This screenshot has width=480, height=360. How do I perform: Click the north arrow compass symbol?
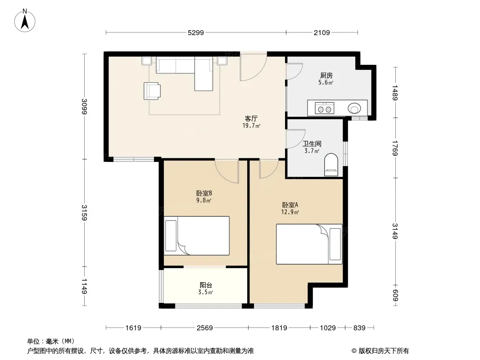point(25,21)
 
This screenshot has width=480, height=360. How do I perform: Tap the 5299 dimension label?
point(195,32)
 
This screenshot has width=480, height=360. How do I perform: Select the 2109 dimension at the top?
point(322,32)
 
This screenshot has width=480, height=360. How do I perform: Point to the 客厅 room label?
point(251,118)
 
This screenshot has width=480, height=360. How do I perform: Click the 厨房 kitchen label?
point(326,75)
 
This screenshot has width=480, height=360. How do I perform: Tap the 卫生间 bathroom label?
point(312,144)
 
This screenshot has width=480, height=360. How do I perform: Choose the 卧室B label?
point(204,193)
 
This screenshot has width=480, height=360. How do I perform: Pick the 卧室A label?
point(290,205)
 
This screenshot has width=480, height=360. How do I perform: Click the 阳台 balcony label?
point(206,285)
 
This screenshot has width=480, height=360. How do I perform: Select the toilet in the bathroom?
point(331,165)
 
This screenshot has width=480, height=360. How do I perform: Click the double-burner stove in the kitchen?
point(325,108)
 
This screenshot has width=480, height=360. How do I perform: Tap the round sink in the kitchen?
point(354,108)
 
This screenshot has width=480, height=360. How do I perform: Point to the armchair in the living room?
point(152,91)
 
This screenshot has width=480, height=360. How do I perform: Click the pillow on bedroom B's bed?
point(171,236)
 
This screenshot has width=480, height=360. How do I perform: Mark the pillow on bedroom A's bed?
point(335,244)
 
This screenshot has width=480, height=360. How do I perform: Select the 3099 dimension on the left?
point(85,107)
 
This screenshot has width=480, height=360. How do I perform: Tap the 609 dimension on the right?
point(395,295)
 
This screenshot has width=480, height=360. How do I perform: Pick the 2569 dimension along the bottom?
point(204,328)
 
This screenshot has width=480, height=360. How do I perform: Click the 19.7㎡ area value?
point(251,126)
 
